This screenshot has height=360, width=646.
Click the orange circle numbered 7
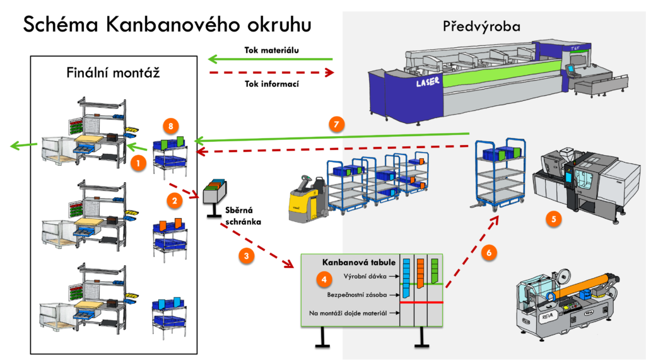coord(337,124)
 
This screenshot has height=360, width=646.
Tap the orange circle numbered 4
coord(324,279)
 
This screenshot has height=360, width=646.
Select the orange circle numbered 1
coord(138,163)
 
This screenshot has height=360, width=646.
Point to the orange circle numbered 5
coord(554,219)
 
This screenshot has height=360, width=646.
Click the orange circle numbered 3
coord(247,256)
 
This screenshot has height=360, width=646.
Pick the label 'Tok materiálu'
coord(271,50)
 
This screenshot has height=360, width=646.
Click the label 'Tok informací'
coord(271,84)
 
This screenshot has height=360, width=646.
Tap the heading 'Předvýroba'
coord(481,26)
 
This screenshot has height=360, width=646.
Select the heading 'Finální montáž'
coord(113,73)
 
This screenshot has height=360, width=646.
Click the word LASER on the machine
coord(427,82)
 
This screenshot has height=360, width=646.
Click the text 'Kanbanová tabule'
coord(358,262)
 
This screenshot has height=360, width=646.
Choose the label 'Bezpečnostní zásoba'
coord(357,295)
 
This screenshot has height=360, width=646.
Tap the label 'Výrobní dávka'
coord(365,276)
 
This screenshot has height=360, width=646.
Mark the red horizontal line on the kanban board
coord(421,303)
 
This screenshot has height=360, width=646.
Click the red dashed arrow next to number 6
coord(472,252)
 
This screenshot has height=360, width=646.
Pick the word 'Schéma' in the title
coord(60,25)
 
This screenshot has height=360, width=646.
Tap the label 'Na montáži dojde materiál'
coord(348,313)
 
